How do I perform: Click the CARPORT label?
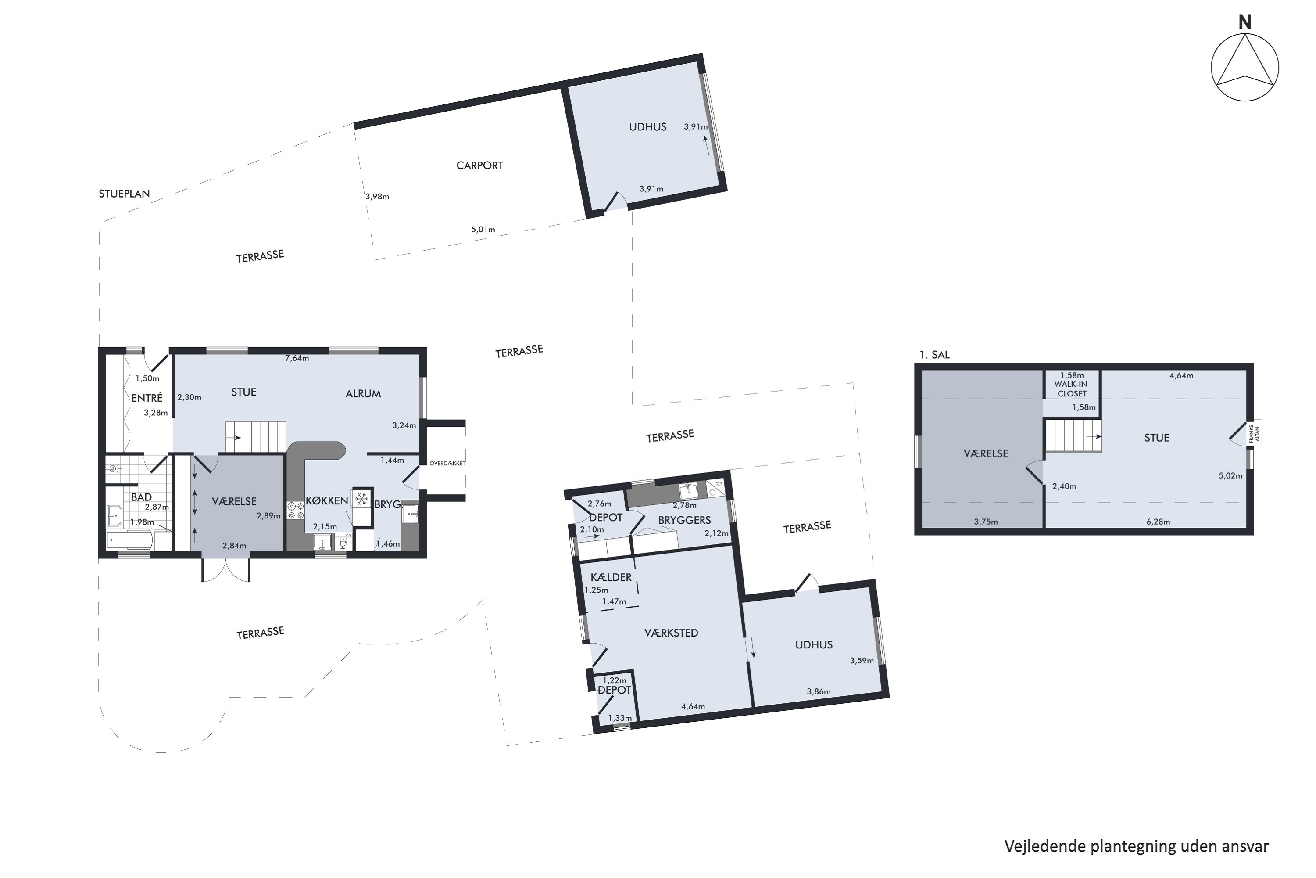pyautogui.click(x=479, y=165)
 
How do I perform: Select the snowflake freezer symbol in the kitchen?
pyautogui.click(x=362, y=498)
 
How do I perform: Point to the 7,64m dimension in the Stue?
pyautogui.click(x=297, y=358)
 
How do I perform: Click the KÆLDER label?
pyautogui.click(x=611, y=577)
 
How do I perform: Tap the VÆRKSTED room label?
pyautogui.click(x=671, y=633)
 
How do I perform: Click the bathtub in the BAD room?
pyautogui.click(x=130, y=540)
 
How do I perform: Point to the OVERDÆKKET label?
pyautogui.click(x=447, y=463)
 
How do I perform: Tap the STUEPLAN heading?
pyautogui.click(x=124, y=194)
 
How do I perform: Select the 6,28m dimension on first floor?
pyautogui.click(x=1158, y=522)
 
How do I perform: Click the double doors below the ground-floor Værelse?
pyautogui.click(x=225, y=569)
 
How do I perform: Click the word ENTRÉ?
pyautogui.click(x=147, y=398)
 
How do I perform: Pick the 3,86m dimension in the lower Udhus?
pyautogui.click(x=819, y=691)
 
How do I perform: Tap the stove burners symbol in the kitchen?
pyautogui.click(x=295, y=510)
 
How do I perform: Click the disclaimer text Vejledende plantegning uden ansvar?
pyautogui.click(x=1136, y=846)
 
